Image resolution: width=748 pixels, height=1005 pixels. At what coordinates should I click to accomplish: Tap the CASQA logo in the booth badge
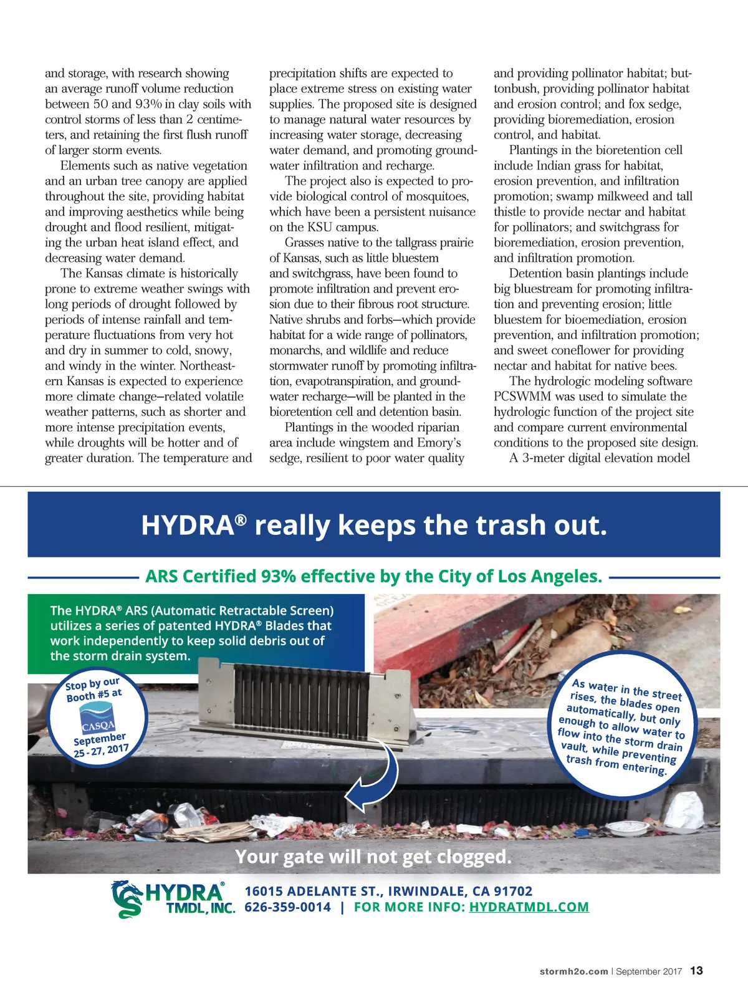coord(97,721)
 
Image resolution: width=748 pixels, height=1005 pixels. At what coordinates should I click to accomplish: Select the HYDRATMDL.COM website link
coord(529,907)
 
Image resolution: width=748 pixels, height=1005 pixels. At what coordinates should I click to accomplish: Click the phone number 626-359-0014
coord(287,907)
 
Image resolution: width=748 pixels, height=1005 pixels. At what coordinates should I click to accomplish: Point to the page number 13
coord(696,971)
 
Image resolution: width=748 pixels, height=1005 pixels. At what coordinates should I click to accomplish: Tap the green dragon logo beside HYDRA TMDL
coord(127,899)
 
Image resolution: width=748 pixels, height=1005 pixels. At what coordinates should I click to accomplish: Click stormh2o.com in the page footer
coord(573,971)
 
